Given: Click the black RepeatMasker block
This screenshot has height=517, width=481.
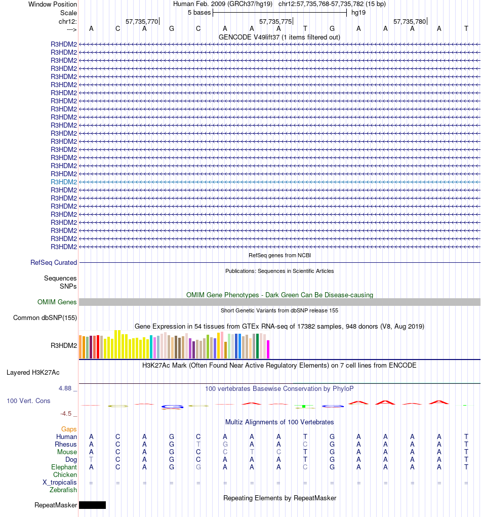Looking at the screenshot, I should (x=92, y=505).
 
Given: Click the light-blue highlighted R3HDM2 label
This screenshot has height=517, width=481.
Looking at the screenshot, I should (x=64, y=182).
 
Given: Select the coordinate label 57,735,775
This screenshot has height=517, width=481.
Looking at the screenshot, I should (x=275, y=21).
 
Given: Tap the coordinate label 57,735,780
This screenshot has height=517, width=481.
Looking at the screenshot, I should (x=410, y=21).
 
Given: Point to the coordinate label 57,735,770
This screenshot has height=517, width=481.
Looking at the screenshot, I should (x=142, y=21).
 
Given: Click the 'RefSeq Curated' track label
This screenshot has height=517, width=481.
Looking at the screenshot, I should (x=54, y=263).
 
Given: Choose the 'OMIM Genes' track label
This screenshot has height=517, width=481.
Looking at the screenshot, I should (x=57, y=302).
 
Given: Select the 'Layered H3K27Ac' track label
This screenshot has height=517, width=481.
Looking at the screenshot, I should (x=33, y=373).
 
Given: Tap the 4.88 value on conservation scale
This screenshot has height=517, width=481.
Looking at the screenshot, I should (x=67, y=388).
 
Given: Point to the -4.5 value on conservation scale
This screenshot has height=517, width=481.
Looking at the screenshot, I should (x=68, y=413).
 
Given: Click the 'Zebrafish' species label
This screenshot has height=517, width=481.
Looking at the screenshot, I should (x=63, y=490).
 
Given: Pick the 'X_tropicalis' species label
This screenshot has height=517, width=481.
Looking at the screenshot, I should (x=60, y=483).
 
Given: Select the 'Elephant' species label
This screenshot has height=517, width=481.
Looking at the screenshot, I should (x=64, y=467).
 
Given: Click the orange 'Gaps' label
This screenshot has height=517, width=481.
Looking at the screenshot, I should (x=69, y=429).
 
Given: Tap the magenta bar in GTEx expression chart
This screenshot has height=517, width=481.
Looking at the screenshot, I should (x=268, y=349).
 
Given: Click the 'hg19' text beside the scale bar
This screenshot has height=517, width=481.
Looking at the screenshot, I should (x=358, y=12).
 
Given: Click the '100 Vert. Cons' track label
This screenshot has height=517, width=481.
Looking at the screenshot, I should (x=28, y=401).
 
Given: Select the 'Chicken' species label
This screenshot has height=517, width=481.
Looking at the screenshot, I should (x=65, y=475).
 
